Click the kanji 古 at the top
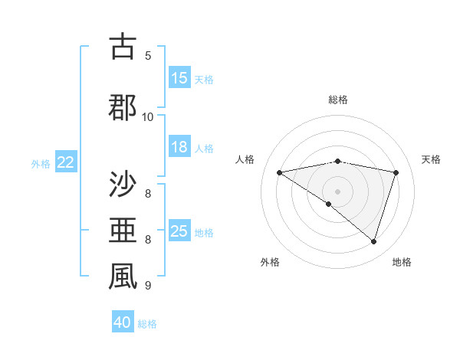[123, 47]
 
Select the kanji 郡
[123, 106]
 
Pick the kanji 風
[123, 277]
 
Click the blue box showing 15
[179, 78]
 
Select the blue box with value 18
[179, 147]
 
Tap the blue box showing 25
[179, 231]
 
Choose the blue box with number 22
[66, 162]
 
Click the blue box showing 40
[123, 322]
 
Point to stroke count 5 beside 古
[148, 55]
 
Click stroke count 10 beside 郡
[148, 116]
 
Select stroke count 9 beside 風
[148, 286]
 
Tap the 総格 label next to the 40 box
[147, 324]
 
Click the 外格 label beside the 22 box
[41, 163]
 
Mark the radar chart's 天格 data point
[396, 172]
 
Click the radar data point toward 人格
[279, 172]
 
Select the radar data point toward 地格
[374, 241]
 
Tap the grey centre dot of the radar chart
[337, 191]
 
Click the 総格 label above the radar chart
[338, 100]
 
